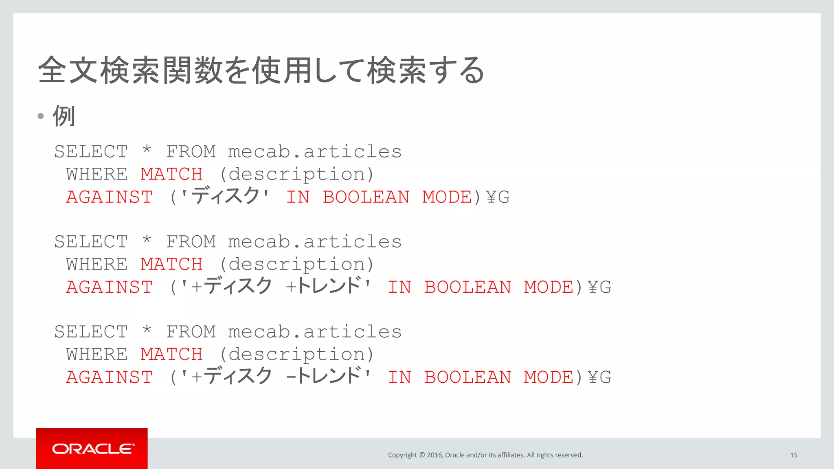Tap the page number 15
click(x=793, y=455)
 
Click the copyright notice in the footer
click(x=485, y=455)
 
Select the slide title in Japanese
click(x=261, y=70)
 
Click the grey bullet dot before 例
click(x=41, y=116)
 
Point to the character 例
click(x=64, y=116)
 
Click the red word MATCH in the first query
click(x=171, y=174)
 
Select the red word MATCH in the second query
click(x=171, y=264)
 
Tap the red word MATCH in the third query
click(x=171, y=354)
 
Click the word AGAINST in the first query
click(x=109, y=197)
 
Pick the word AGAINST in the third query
click(x=109, y=377)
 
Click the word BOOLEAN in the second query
click(x=467, y=287)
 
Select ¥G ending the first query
click(x=498, y=197)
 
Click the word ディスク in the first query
click(x=225, y=196)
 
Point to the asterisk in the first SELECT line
click(x=147, y=150)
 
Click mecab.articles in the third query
click(x=314, y=332)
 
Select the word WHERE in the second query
click(x=97, y=264)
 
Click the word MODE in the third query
click(x=549, y=377)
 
